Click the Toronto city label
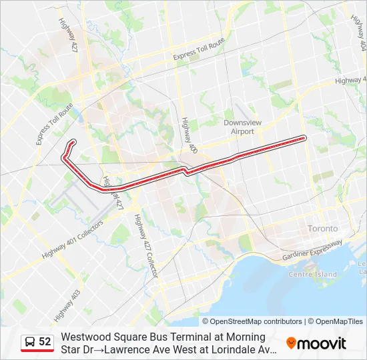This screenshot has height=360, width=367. coord(322,229)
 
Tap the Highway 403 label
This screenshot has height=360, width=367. coord(67,303)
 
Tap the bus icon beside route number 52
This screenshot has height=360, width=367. coord(30,342)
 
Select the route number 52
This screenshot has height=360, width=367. coord(45,342)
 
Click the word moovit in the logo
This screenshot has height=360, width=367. coord(322,343)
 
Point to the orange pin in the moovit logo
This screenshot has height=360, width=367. coord(291,343)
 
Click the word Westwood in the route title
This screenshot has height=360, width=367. coord(83,337)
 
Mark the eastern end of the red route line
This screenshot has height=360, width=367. coord(304,138)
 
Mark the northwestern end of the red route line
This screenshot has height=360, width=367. coord(72,141)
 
